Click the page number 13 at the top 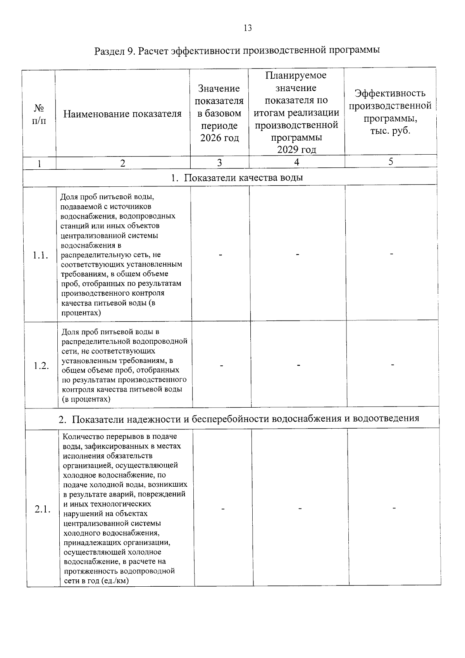[248, 28]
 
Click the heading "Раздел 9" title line [237, 51]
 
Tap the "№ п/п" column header [39, 114]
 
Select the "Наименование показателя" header [122, 114]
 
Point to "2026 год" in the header [219, 138]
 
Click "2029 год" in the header [296, 150]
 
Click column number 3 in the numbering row [219, 163]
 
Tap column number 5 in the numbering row [391, 162]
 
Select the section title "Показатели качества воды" [237, 178]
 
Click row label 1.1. [40, 255]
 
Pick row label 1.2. [41, 366]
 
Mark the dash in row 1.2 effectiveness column [393, 365]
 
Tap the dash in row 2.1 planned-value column [300, 508]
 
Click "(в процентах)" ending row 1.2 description [86, 399]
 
